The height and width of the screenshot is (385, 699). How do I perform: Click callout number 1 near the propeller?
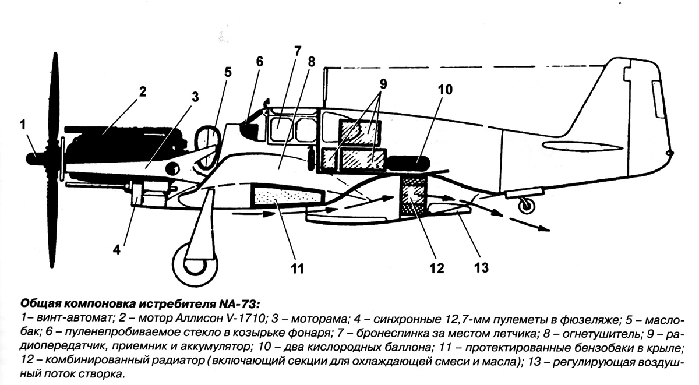pyautogui.click(x=22, y=125)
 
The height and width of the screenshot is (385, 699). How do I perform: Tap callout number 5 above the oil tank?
pyautogui.click(x=228, y=72)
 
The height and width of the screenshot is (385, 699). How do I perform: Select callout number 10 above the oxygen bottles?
pyautogui.click(x=445, y=90)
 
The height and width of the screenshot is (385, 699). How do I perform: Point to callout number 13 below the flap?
pyautogui.click(x=481, y=268)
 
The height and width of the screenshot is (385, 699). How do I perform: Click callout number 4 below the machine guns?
pyautogui.click(x=116, y=250)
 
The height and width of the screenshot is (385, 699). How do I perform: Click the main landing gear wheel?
pyautogui.click(x=195, y=265)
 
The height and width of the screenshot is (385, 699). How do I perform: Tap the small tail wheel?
pyautogui.click(x=527, y=206)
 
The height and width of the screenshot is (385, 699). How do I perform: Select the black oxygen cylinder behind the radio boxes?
pyautogui.click(x=409, y=163)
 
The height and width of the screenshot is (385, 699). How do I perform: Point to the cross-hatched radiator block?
pyautogui.click(x=413, y=196)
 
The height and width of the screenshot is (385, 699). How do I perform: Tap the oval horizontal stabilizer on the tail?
pyautogui.click(x=581, y=147)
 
